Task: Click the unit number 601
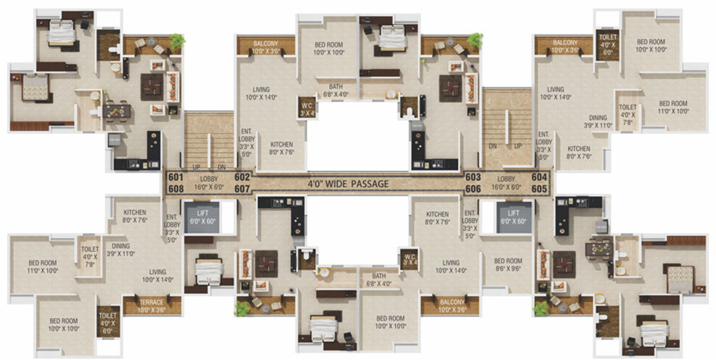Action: point(176,178)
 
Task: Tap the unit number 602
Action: point(242,178)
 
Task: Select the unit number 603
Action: point(473,178)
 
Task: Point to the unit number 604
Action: point(540,178)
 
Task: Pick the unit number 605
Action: point(540,189)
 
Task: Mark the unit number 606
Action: point(473,189)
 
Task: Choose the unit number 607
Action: point(242,189)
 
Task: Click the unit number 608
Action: point(176,189)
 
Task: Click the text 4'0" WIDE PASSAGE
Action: point(348,184)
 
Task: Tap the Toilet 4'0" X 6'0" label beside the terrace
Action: point(108,320)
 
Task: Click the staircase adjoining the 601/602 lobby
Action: point(209,140)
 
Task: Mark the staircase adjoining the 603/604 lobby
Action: point(507,129)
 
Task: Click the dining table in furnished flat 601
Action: point(117,111)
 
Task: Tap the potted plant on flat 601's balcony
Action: point(177,41)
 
